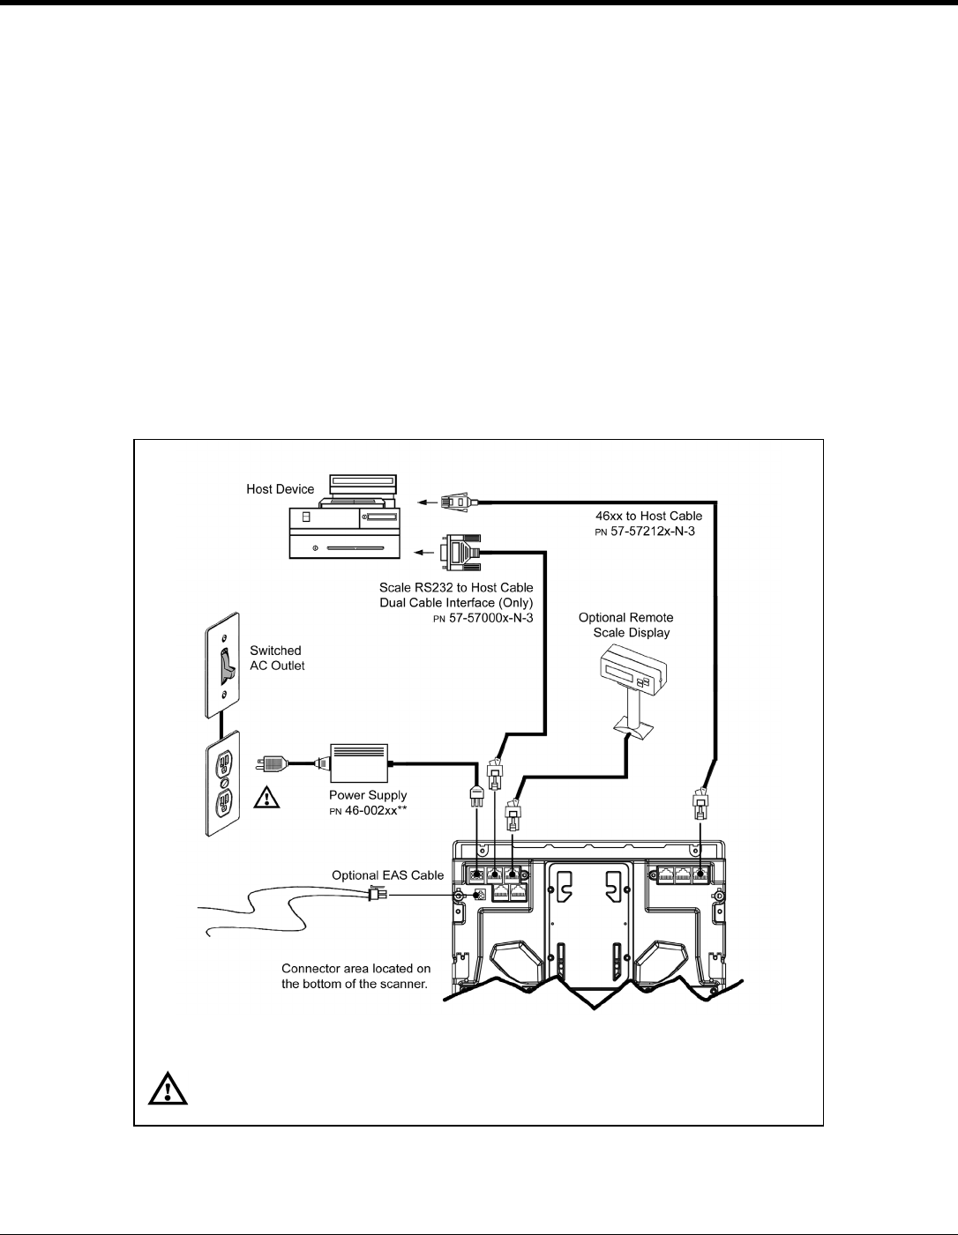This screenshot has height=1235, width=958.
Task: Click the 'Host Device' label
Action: point(280,489)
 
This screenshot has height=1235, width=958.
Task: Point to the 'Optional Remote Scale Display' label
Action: point(626,625)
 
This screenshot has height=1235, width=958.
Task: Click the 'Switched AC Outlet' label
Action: point(276,658)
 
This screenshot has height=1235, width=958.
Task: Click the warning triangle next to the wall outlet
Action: point(265,799)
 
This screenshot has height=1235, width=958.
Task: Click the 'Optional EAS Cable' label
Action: point(388,875)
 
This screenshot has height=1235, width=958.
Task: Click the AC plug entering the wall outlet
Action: point(273,763)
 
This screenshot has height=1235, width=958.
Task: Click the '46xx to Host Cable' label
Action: point(648,516)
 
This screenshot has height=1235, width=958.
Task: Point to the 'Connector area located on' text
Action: point(356,969)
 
